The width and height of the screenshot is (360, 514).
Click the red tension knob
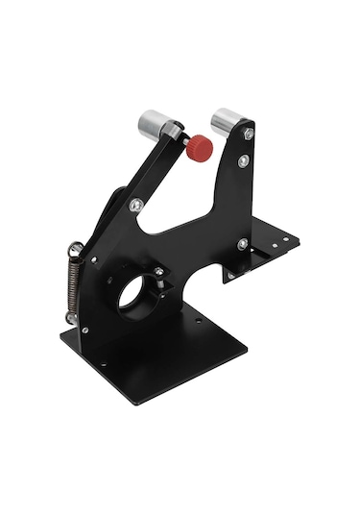tap(199, 147)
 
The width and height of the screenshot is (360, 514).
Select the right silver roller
tap(228, 121)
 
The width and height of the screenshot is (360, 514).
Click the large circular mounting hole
tap(133, 293)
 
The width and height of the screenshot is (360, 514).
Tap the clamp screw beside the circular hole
tap(158, 274)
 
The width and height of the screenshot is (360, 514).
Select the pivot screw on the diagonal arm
tap(137, 205)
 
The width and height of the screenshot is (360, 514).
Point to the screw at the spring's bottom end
tap(71, 317)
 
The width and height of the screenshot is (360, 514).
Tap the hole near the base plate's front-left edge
tap(101, 363)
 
